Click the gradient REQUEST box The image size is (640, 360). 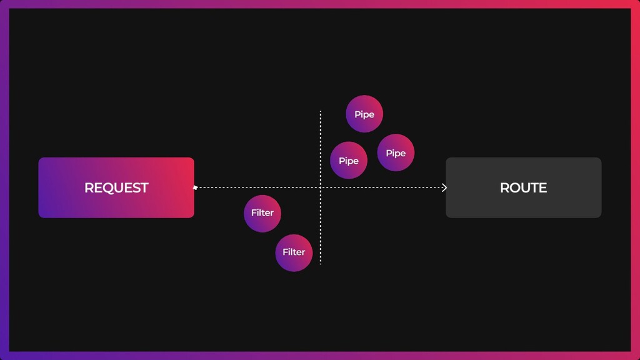pos(116,187)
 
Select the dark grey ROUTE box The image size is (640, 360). pos(523,187)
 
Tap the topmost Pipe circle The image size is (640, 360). pos(364,114)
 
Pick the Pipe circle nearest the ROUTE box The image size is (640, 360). pos(396,152)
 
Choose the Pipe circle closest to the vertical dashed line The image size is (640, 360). pos(348,160)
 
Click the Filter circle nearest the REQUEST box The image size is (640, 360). pos(262,213)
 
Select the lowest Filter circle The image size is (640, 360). pos(294,252)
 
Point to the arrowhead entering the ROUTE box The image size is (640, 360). pos(444,187)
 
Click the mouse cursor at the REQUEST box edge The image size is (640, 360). pos(195,187)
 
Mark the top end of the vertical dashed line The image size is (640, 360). pos(321,112)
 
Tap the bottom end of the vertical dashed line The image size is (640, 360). pos(321,263)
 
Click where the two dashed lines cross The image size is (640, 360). pos(321,187)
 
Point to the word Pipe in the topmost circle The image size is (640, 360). pos(364,114)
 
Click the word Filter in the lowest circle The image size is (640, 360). pos(294,252)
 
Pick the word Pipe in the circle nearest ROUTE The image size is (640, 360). pos(396,153)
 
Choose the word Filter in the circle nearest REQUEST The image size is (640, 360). pos(262,213)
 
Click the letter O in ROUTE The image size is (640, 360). pos(514,187)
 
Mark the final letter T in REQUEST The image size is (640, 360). pos(144,187)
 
